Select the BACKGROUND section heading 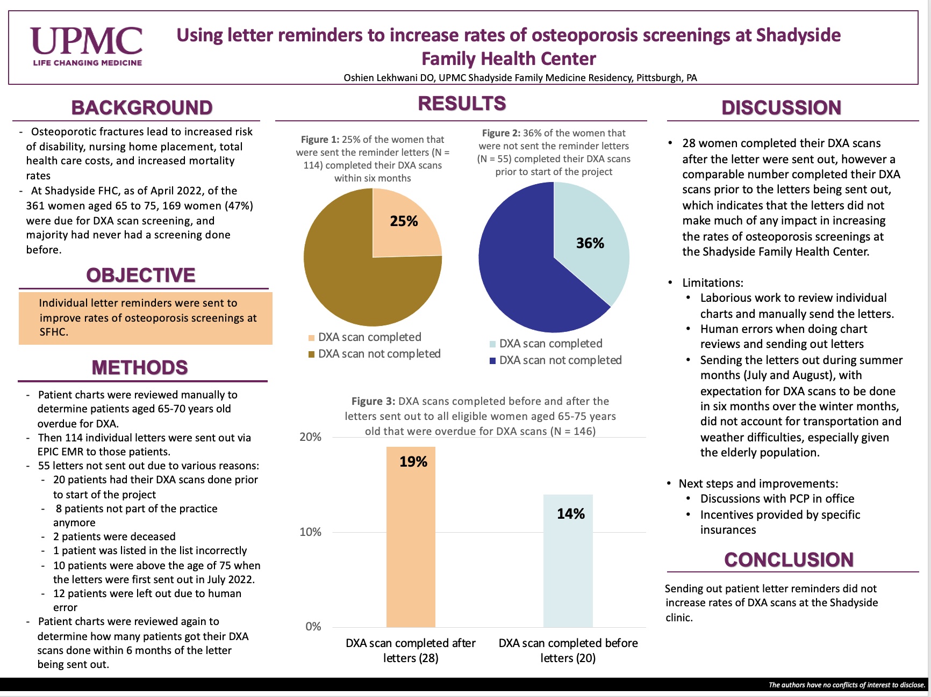click(142, 108)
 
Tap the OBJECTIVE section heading click(141, 275)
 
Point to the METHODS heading click(140, 368)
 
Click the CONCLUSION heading click(789, 560)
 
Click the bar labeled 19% click(411, 537)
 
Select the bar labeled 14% click(568, 561)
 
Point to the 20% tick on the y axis click(310, 437)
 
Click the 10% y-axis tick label click(310, 532)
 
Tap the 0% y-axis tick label click(313, 627)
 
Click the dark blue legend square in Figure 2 click(492, 361)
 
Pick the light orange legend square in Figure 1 click(311, 338)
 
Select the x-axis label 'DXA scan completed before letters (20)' click(568, 650)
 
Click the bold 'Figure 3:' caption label click(373, 401)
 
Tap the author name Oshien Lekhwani click(381, 78)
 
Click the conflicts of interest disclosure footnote click(847, 685)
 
